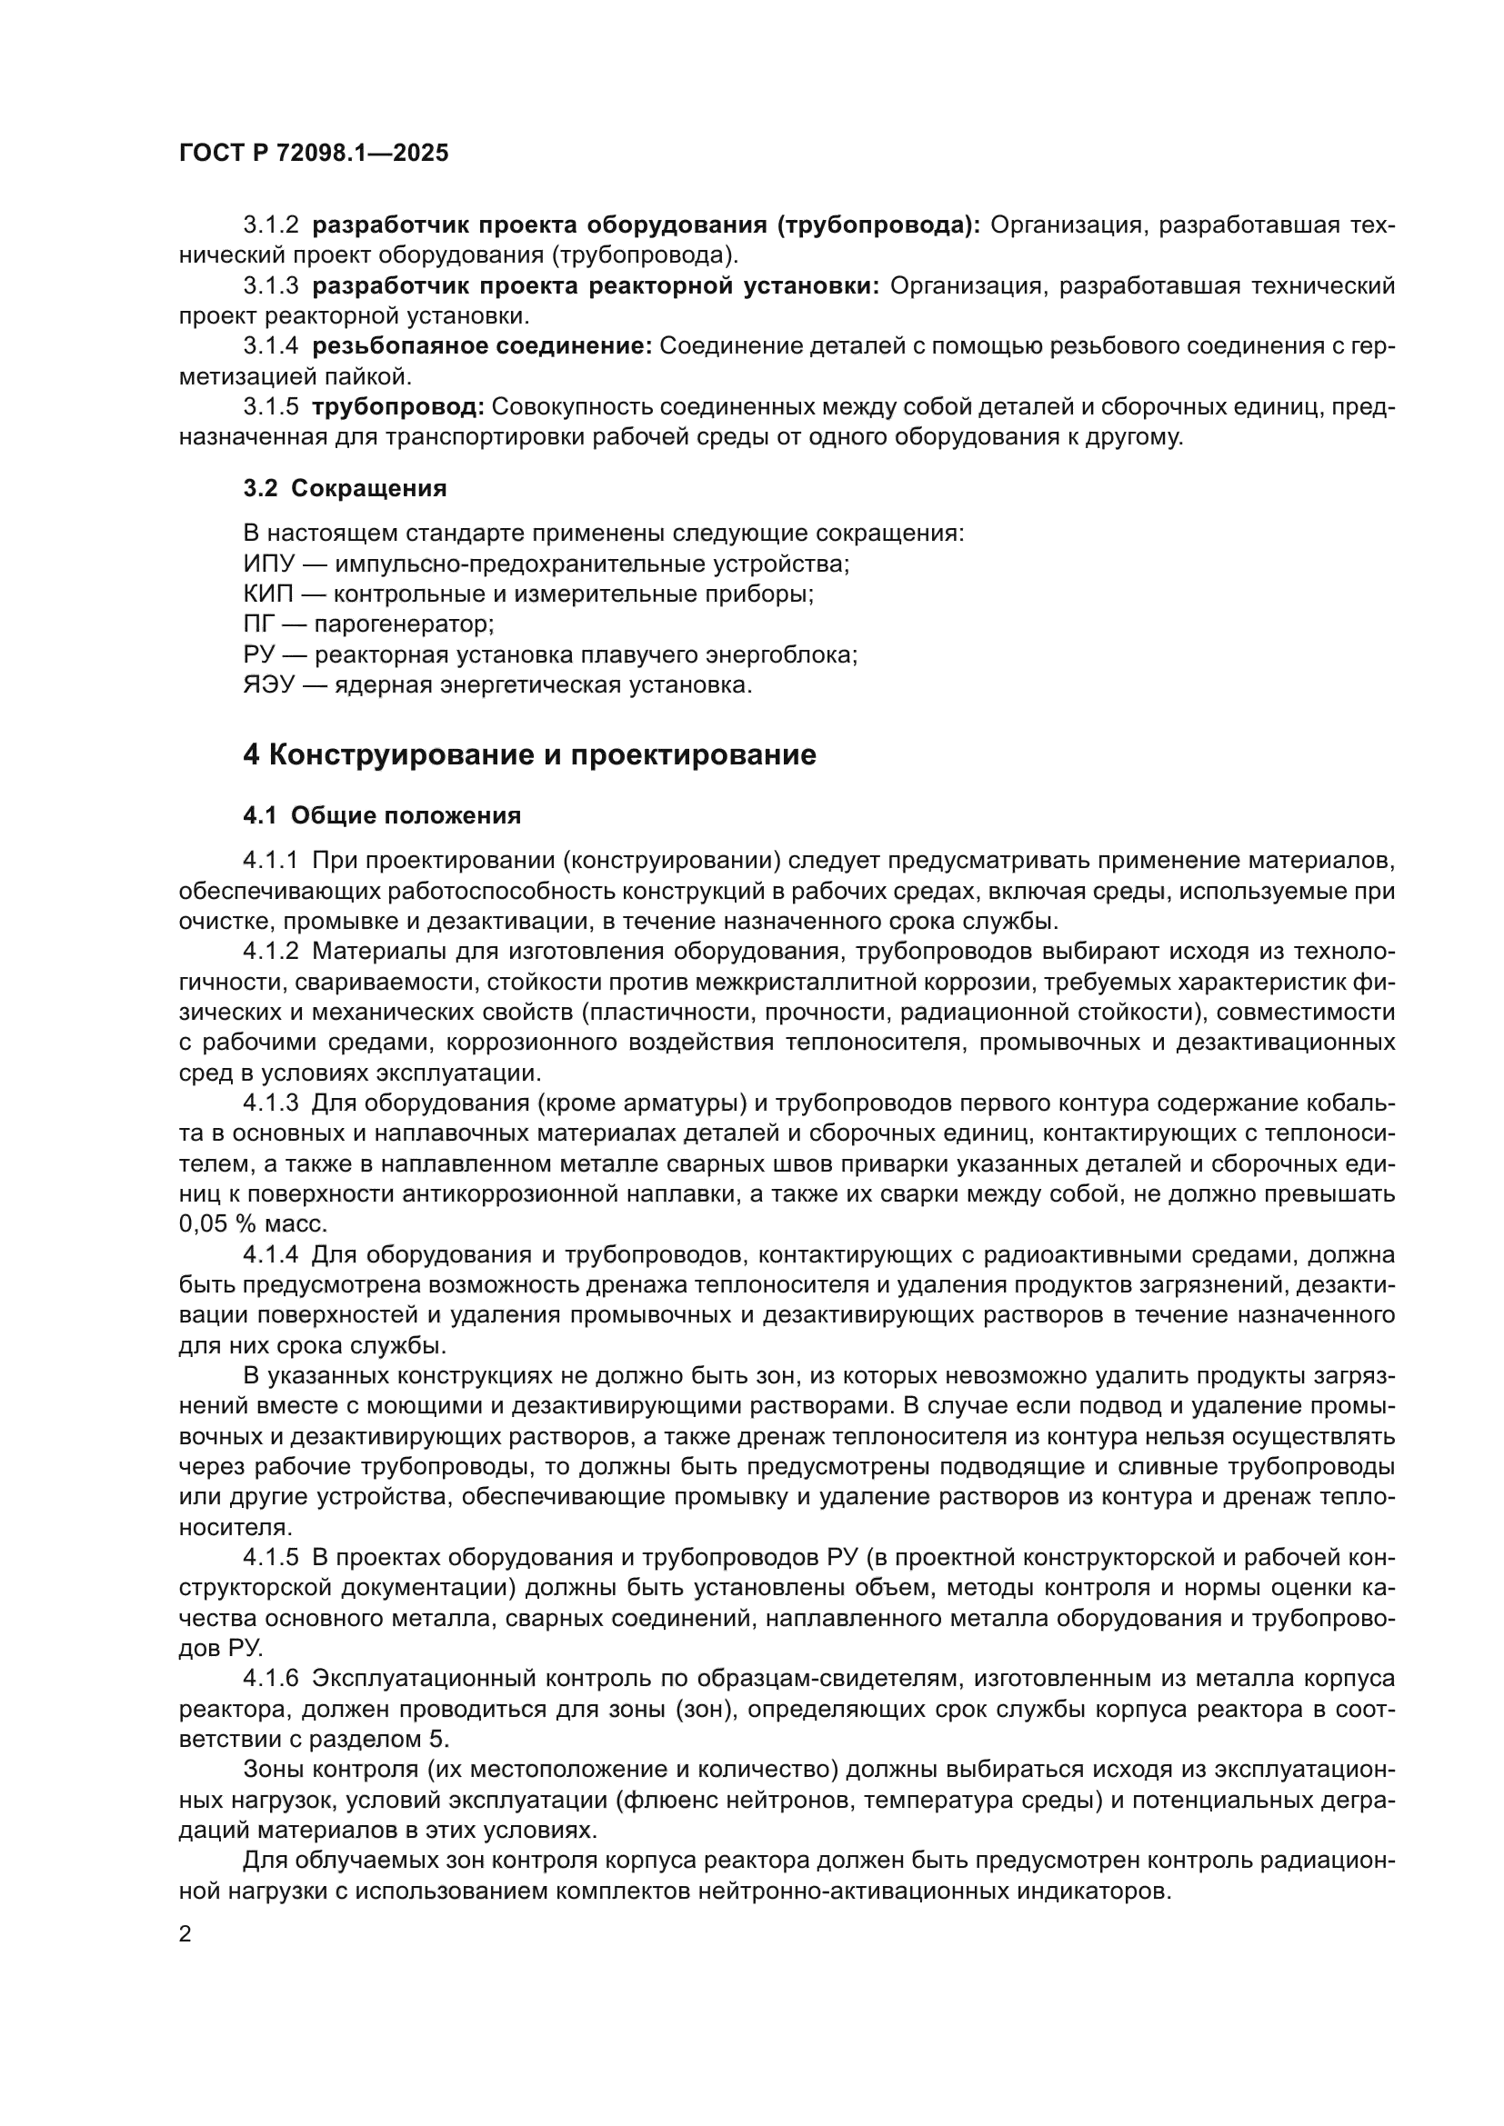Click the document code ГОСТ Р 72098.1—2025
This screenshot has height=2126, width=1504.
(x=313, y=154)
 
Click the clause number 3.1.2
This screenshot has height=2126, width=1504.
(x=270, y=225)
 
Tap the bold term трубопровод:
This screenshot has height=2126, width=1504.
(x=398, y=407)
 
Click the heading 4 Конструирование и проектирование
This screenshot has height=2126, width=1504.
(x=529, y=754)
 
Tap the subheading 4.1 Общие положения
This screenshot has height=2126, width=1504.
(x=382, y=815)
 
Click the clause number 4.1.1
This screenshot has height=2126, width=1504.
(x=270, y=861)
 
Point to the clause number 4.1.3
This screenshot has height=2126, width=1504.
(x=270, y=1103)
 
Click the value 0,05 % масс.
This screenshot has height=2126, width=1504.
(x=253, y=1224)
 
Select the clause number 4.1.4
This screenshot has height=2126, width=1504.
(x=270, y=1255)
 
